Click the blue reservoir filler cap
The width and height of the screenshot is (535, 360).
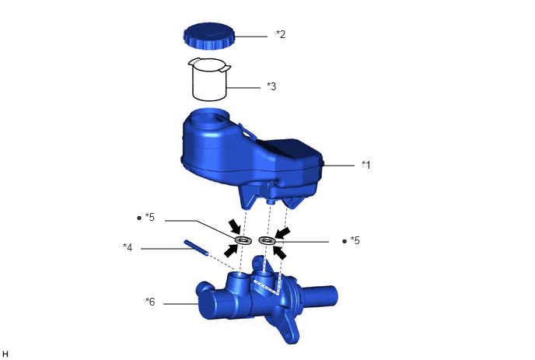click(x=209, y=36)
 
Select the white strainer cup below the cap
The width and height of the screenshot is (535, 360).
click(x=209, y=79)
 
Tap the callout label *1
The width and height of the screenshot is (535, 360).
click(x=365, y=165)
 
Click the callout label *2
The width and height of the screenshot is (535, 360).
click(x=281, y=34)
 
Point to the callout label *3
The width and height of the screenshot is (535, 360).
click(x=271, y=86)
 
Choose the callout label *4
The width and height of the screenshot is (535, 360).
click(x=128, y=247)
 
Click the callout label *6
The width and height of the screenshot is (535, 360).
click(x=150, y=302)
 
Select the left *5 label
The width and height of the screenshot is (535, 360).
click(x=150, y=217)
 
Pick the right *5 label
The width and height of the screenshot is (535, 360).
click(x=355, y=240)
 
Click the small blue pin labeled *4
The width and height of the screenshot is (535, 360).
click(x=196, y=247)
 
